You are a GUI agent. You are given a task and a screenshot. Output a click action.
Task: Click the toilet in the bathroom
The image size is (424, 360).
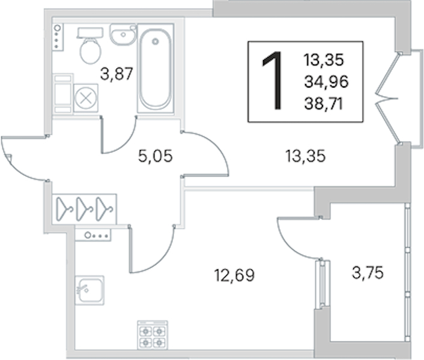[x=90, y=46]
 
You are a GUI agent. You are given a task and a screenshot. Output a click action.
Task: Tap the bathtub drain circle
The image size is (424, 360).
[x=155, y=41]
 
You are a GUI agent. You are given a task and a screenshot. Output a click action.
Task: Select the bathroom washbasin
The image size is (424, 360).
[x=123, y=34]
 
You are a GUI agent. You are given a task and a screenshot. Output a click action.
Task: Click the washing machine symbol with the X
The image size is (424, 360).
[x=86, y=98]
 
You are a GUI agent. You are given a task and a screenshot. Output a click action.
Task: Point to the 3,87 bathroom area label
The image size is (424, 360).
[x=117, y=74]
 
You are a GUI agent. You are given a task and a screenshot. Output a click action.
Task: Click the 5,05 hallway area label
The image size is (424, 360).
[x=155, y=156]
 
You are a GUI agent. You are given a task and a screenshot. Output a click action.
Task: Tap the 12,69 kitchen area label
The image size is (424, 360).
[x=234, y=275]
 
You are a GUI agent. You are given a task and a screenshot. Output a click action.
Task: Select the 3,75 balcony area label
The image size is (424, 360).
[x=368, y=272]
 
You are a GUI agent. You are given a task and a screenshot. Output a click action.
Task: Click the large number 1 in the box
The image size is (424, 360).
[x=273, y=81]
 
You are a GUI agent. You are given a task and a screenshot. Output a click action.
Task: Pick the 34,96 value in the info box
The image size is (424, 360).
[x=326, y=82]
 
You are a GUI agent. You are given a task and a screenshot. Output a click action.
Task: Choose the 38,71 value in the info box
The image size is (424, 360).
[x=324, y=104]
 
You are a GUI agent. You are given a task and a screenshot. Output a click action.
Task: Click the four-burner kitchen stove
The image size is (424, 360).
[x=153, y=335]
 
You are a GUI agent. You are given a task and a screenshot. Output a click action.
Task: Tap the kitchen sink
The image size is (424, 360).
[x=89, y=290]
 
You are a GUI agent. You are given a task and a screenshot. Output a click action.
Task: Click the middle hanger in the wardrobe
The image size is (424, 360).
[x=85, y=209]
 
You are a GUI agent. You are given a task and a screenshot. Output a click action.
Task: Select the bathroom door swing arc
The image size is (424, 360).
[x=127, y=143]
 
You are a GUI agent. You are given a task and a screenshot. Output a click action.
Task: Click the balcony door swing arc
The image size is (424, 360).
[x=289, y=245]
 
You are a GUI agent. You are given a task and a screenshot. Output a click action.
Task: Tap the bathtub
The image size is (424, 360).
[x=155, y=68]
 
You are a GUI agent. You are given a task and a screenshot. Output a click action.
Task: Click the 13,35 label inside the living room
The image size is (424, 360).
[x=305, y=157]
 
